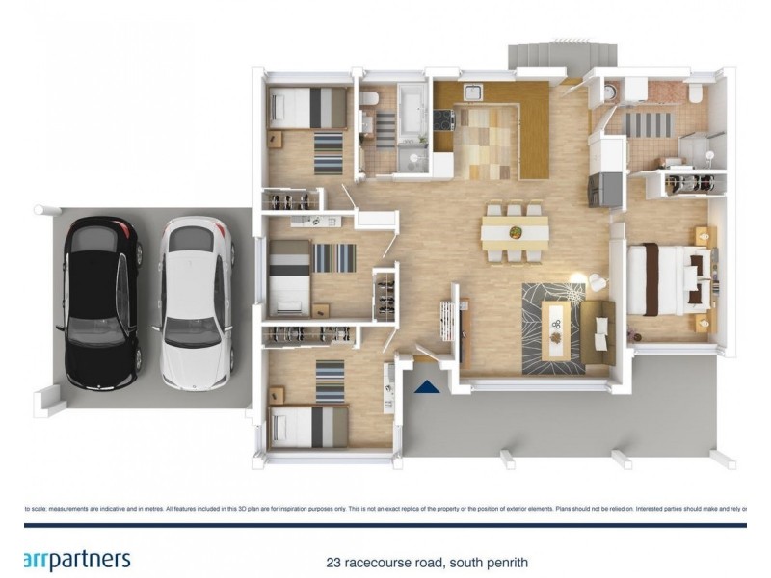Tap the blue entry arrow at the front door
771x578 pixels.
(x=426, y=387)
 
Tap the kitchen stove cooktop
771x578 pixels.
(x=443, y=120)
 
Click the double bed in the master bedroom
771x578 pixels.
(x=670, y=279)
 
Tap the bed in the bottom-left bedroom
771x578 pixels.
(x=310, y=425)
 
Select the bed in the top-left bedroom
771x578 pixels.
(x=308, y=108)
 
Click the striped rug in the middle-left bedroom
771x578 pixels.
(x=334, y=257)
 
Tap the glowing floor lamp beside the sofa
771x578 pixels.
(x=576, y=280)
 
